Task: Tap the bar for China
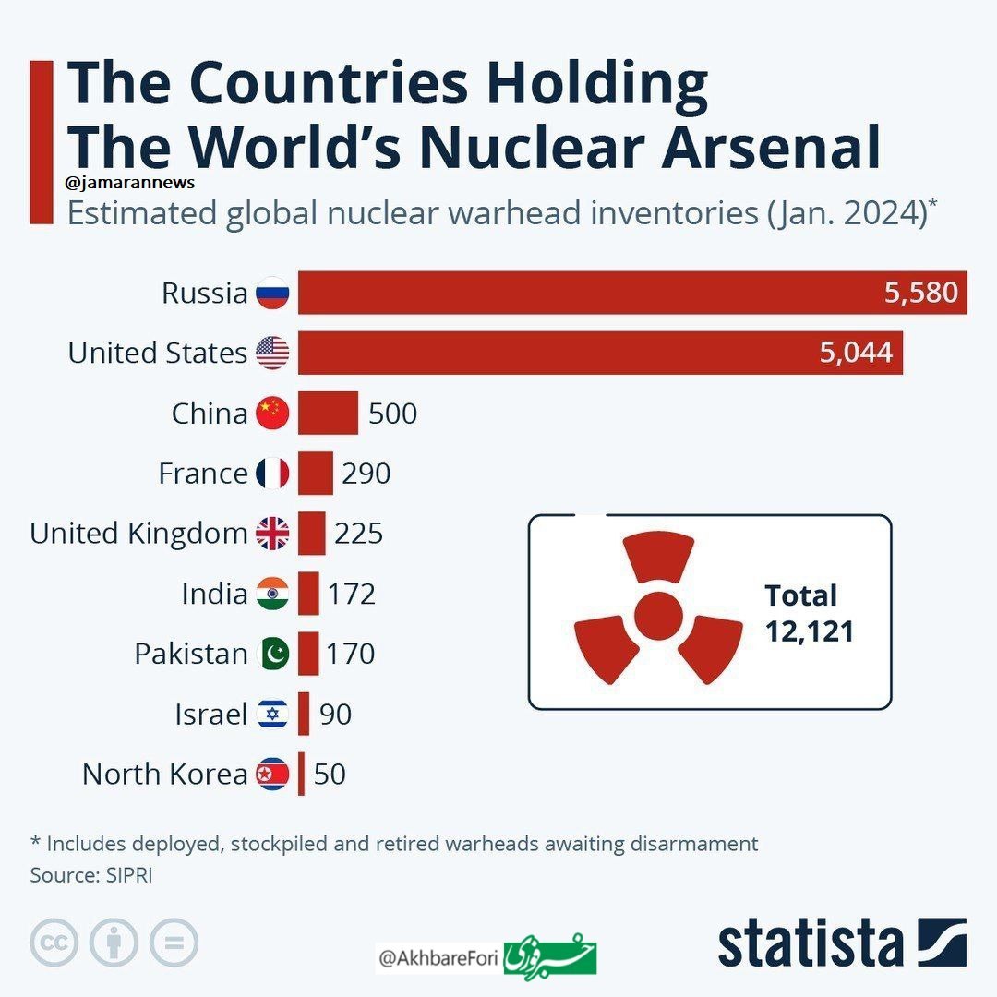(x=328, y=413)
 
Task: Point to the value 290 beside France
(x=366, y=474)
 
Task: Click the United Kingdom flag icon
(x=272, y=534)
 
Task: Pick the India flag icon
(x=272, y=594)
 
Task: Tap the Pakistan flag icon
(x=272, y=654)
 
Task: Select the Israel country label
(x=211, y=714)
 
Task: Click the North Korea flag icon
(x=272, y=774)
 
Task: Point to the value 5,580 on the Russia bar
(x=920, y=294)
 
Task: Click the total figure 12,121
(x=809, y=631)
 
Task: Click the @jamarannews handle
(x=130, y=183)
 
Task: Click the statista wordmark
(x=811, y=943)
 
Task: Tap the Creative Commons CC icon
(x=54, y=943)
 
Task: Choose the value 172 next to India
(x=352, y=594)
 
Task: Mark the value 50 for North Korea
(x=330, y=774)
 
